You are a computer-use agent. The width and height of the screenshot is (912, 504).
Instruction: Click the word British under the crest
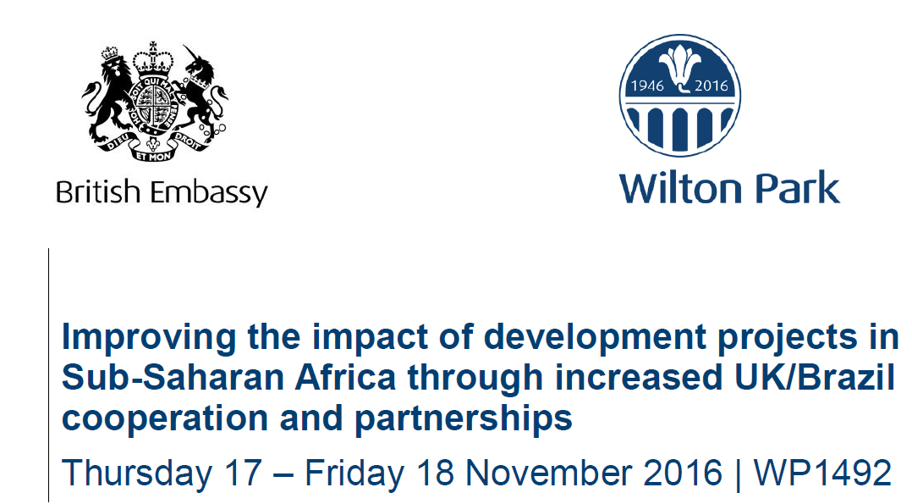coord(98,191)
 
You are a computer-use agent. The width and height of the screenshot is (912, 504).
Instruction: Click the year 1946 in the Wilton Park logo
coord(647,86)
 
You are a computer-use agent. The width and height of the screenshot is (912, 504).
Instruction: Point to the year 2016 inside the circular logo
coord(711,86)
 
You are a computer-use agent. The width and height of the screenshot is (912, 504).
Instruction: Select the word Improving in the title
coord(149,338)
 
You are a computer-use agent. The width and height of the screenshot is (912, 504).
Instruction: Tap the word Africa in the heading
coord(346,378)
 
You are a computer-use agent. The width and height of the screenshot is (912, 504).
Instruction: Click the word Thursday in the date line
coord(137,472)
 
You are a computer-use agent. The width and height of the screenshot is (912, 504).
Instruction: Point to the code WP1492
coord(822,472)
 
